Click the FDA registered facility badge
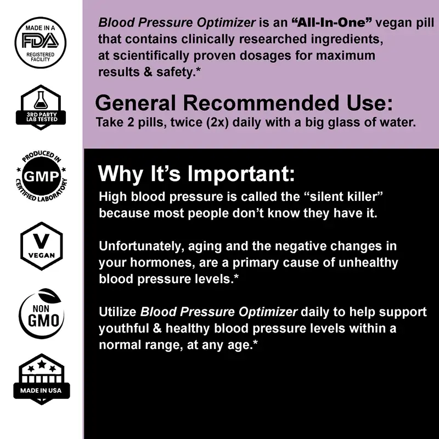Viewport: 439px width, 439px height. pyautogui.click(x=41, y=43)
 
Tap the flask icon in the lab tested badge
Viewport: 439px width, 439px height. pyautogui.click(x=41, y=99)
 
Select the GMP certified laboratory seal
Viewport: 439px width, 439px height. pyautogui.click(x=41, y=176)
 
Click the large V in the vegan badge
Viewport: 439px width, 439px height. pyautogui.click(x=41, y=241)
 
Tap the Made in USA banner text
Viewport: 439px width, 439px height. pyautogui.click(x=41, y=390)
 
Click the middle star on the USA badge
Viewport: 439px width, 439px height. pyautogui.click(x=42, y=364)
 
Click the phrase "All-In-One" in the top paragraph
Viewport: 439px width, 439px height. pyautogui.click(x=331, y=22)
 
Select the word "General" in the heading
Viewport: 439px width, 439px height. pyautogui.click(x=135, y=103)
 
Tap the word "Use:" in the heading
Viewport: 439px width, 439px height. pyautogui.click(x=369, y=103)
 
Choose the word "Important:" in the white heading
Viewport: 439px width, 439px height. pyautogui.click(x=241, y=173)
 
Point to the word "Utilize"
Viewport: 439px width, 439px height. pyautogui.click(x=117, y=312)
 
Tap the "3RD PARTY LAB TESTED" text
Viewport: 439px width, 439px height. pyautogui.click(x=42, y=117)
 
